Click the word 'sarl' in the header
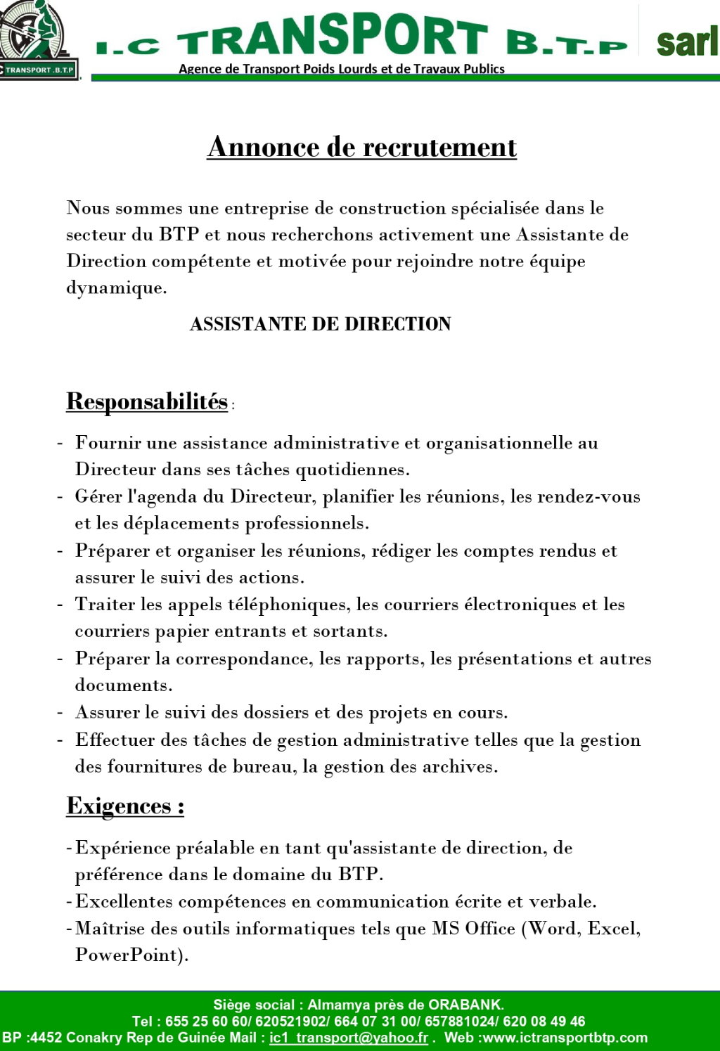click(687, 42)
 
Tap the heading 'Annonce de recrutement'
click(361, 147)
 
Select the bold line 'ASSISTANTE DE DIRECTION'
click(320, 324)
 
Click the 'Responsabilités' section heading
click(147, 401)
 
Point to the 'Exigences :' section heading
click(125, 806)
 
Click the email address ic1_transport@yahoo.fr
click(349, 1038)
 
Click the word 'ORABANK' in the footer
click(465, 1005)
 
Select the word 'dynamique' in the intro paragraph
click(115, 288)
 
